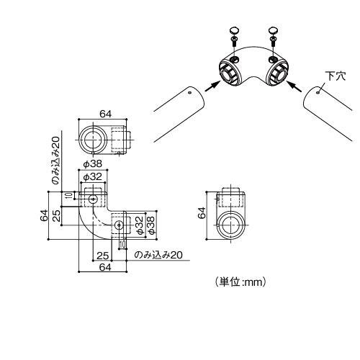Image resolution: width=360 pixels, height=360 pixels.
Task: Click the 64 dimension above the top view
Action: pos(105,113)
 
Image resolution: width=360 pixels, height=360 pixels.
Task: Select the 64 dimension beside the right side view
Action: pos(202,212)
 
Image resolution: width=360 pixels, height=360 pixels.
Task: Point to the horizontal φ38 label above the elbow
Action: pos(92,163)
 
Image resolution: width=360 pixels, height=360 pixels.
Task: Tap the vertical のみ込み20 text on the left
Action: pos(56,164)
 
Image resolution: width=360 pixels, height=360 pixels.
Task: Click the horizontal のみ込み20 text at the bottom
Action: pos(159,255)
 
